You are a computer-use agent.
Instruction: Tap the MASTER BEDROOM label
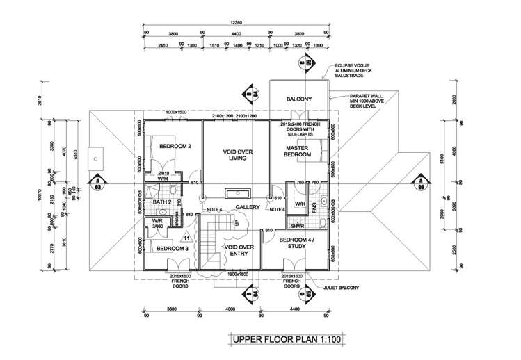click(x=297, y=151)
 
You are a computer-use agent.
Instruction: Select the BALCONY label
click(x=298, y=100)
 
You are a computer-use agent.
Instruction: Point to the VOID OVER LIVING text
click(x=236, y=154)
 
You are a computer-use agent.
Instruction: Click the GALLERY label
click(x=247, y=207)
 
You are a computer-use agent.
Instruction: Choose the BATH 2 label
click(x=162, y=202)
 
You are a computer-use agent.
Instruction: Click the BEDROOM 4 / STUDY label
click(x=297, y=244)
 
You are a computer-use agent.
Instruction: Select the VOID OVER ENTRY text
click(x=237, y=251)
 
